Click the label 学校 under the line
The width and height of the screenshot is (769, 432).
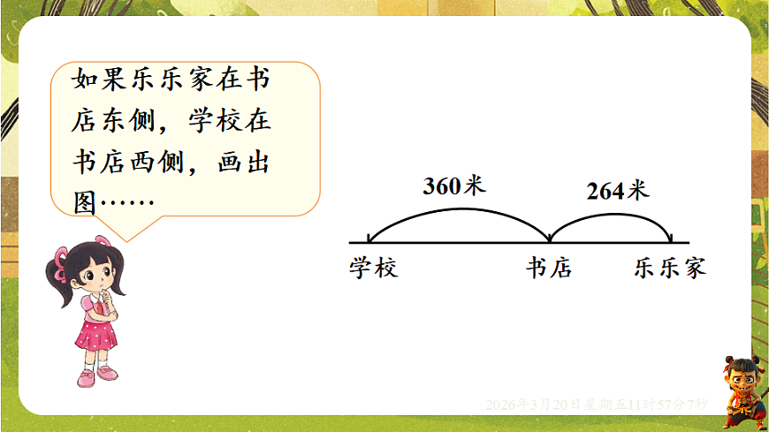click(x=374, y=268)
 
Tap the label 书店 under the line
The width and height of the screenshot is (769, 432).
click(x=549, y=268)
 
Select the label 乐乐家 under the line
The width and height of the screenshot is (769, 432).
click(x=670, y=268)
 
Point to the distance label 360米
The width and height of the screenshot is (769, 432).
click(x=454, y=186)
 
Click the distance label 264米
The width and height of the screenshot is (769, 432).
click(x=617, y=190)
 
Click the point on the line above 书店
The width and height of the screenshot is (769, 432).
click(x=550, y=241)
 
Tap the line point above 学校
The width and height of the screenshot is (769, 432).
click(x=369, y=241)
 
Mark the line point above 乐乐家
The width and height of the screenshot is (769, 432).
click(x=673, y=241)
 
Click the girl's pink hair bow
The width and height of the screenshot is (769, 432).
click(x=63, y=259)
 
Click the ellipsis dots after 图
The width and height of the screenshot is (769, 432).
click(x=128, y=204)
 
